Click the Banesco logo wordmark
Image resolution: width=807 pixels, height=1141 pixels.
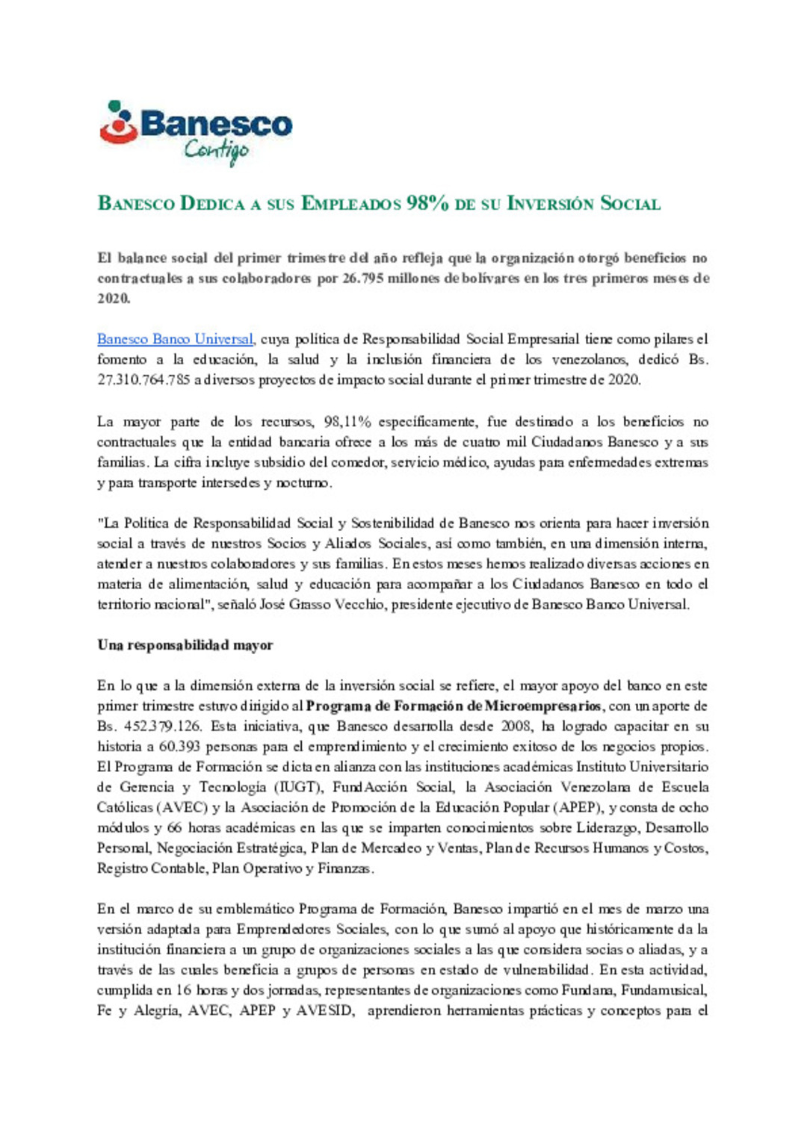click(x=215, y=124)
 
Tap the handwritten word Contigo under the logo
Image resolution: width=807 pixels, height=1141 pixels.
click(x=216, y=152)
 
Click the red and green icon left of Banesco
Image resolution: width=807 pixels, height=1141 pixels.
click(x=118, y=122)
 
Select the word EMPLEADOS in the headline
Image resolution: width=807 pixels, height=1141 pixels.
click(x=351, y=204)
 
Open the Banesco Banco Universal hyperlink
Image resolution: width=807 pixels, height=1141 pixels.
click(x=176, y=339)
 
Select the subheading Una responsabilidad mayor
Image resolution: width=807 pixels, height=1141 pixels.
click(x=185, y=645)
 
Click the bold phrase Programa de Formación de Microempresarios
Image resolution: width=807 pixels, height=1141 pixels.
click(x=454, y=706)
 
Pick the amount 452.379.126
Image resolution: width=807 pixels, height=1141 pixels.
click(x=160, y=726)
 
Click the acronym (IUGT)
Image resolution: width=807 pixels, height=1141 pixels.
click(x=298, y=787)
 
